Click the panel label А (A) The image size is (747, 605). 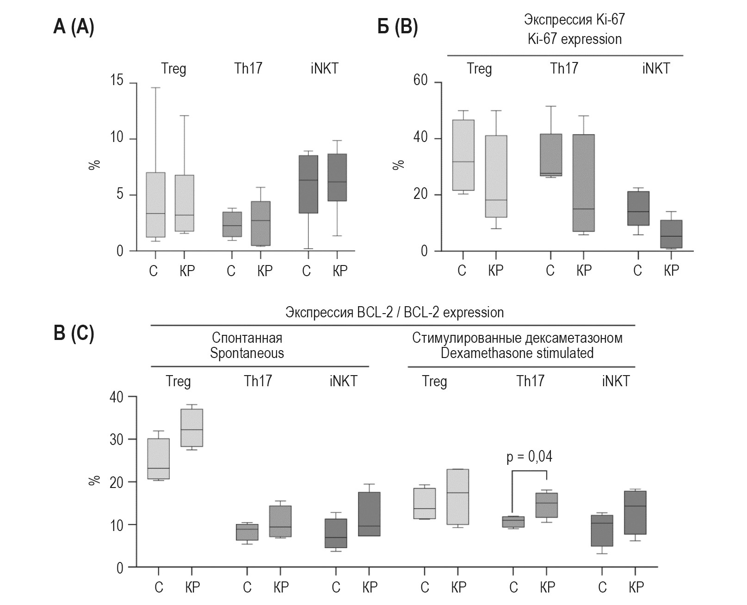coord(74,27)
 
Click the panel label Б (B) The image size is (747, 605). coord(398,27)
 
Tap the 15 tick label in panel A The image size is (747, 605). coord(117,81)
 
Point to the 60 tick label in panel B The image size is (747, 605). coord(420,81)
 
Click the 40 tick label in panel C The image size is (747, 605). coord(117,397)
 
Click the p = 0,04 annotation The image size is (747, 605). coord(529,457)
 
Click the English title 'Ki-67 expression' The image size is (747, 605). coord(574,39)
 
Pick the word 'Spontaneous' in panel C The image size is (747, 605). coord(247,353)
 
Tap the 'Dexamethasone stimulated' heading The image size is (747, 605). coord(517,353)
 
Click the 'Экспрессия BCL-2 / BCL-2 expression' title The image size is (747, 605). coord(394,313)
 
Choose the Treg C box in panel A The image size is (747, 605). coord(155,205)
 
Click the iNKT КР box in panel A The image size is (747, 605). coord(337,177)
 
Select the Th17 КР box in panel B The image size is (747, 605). coord(583,183)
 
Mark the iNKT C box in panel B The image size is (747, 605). coord(638,208)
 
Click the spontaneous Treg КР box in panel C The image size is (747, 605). coord(192,428)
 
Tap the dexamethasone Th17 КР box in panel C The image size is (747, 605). coord(547,505)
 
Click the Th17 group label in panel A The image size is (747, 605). coord(248,68)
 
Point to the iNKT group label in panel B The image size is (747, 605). coord(655,68)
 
